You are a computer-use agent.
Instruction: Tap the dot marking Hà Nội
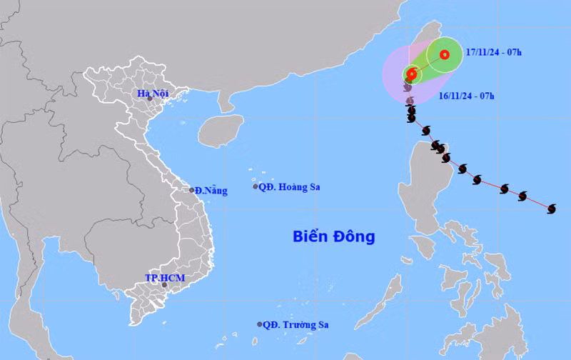150,99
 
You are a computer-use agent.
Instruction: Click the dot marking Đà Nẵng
192,190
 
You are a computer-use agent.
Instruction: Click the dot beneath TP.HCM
165,285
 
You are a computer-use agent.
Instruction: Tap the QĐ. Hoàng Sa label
289,187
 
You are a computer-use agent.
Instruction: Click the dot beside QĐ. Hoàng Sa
256,186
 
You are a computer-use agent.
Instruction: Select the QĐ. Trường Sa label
294,324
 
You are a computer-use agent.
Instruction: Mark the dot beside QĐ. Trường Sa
260,324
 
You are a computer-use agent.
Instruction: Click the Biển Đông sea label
333,236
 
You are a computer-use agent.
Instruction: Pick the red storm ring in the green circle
444,54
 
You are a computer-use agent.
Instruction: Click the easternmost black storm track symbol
551,209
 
